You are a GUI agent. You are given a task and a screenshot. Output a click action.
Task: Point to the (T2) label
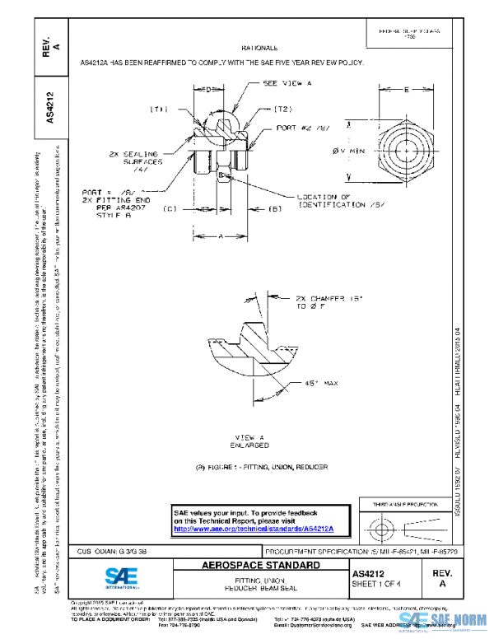(x=282, y=109)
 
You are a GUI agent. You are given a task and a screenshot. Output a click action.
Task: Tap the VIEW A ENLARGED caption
(x=249, y=441)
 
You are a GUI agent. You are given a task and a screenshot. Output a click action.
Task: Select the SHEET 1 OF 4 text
(x=375, y=584)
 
